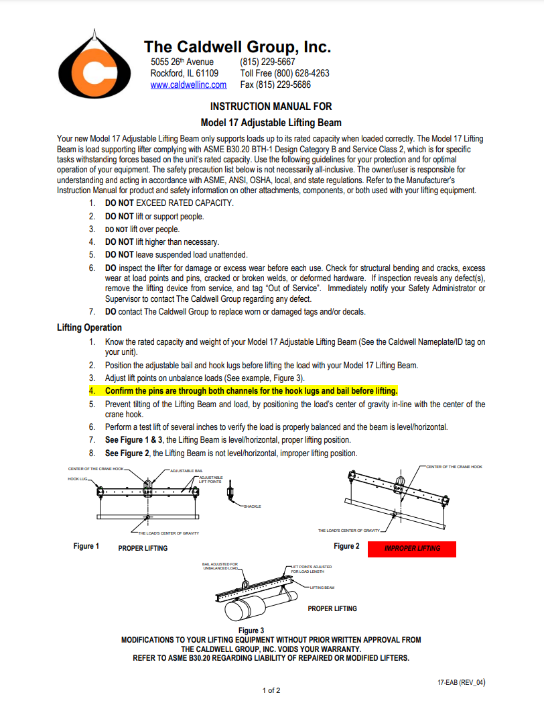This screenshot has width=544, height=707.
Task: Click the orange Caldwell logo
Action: coord(94,64)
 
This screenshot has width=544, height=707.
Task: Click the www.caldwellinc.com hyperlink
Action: coord(188,85)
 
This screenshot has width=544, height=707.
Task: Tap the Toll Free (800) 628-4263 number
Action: coord(285,73)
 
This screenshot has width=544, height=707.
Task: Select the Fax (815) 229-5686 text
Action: coord(275,85)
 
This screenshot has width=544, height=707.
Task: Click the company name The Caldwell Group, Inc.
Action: coord(237,47)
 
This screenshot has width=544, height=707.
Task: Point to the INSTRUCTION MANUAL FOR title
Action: coord(271,106)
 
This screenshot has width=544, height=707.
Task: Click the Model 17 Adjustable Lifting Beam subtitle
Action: coord(271,122)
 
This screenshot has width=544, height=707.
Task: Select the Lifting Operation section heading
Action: coord(90,327)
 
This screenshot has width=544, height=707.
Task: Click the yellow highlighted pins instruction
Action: coord(251,390)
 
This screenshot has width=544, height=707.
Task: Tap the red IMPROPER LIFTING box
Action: coord(412,549)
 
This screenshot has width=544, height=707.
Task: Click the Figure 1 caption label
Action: coord(86,547)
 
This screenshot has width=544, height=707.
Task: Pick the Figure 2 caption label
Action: coord(346,547)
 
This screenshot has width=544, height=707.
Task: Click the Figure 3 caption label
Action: coord(251,631)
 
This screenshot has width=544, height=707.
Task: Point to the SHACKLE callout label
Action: coord(252,506)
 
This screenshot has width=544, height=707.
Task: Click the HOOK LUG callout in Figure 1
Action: coord(77,479)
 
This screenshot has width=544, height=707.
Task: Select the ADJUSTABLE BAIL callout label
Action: coord(188,471)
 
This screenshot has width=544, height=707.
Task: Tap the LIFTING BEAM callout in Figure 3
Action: coord(322,588)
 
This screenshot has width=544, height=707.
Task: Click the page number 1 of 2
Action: coord(271,690)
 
